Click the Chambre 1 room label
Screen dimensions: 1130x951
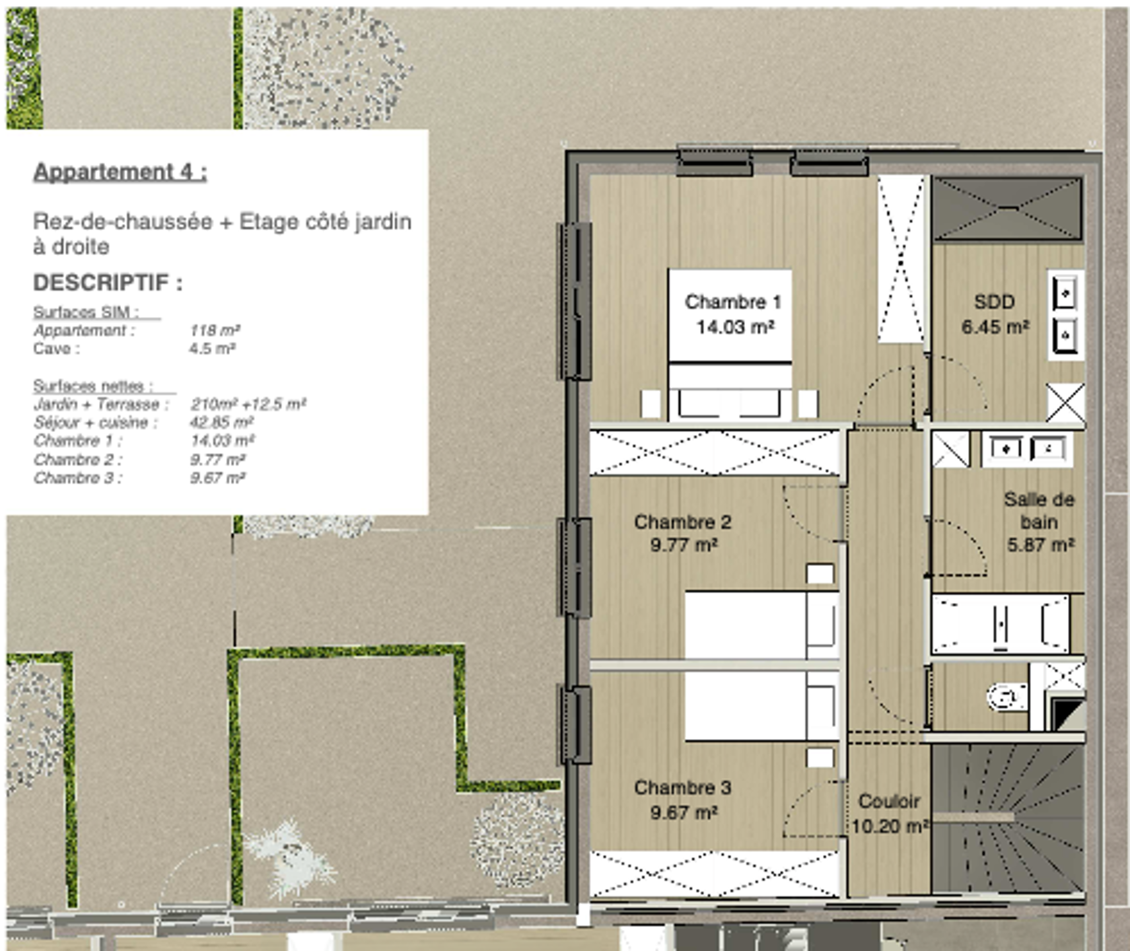coord(733,302)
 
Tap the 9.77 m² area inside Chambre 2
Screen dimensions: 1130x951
coord(684,545)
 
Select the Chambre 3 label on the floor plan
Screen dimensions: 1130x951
coord(682,787)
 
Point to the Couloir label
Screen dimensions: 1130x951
coord(889,801)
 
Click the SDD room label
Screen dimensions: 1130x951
coord(994,302)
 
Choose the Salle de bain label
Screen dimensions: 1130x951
coord(1039,511)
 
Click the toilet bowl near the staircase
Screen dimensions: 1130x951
coord(1007,697)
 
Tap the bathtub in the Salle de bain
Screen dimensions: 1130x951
coord(1000,624)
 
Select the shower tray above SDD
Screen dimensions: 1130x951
coord(1007,208)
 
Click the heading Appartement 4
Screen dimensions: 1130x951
coord(120,172)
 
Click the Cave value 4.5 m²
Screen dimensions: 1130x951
coord(212,348)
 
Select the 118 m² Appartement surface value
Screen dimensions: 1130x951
coord(215,330)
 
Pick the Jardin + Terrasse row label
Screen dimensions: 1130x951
coord(101,404)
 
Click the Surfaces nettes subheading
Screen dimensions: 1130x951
coord(93,386)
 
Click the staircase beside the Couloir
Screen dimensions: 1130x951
coord(1007,819)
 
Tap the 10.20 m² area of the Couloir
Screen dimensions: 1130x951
coord(890,826)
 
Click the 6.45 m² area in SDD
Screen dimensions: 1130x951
coord(995,327)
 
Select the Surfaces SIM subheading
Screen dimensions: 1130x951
coord(86,312)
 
